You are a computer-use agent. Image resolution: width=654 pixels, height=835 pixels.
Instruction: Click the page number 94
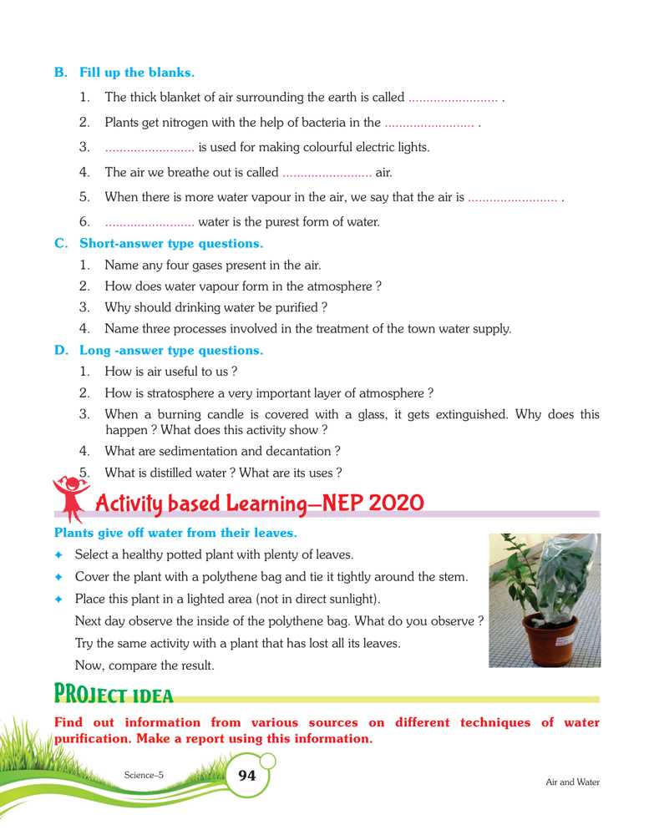[x=247, y=776]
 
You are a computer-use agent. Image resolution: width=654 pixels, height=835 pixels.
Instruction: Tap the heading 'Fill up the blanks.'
[x=137, y=73]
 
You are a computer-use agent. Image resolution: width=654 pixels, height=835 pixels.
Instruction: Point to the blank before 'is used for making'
[x=150, y=148]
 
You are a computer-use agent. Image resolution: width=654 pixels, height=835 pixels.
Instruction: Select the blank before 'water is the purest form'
[x=150, y=222]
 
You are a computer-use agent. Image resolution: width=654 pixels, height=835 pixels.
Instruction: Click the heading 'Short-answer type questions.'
[x=170, y=244]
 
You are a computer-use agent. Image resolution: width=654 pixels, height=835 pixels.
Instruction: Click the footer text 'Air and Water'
[x=572, y=782]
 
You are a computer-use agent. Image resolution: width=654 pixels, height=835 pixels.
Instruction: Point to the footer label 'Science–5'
[x=144, y=775]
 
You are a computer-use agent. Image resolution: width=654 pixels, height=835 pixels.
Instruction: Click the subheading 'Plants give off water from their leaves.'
[x=175, y=532]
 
